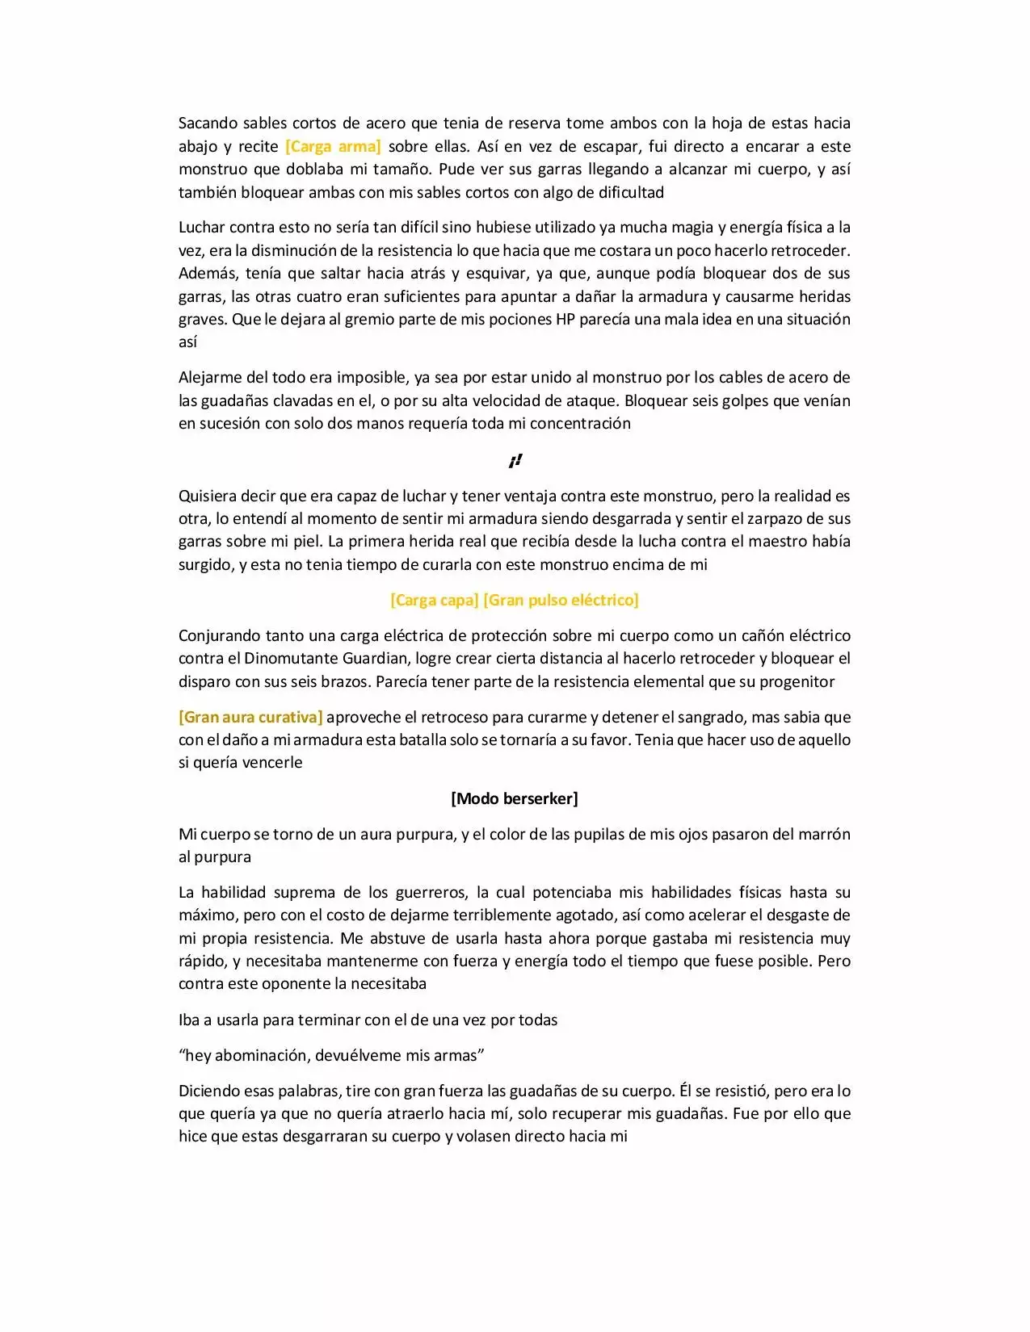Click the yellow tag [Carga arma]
coord(333,146)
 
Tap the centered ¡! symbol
coord(515,461)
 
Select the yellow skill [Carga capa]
coord(434,600)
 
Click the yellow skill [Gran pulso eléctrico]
coord(561,600)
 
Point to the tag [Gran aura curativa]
coord(250,717)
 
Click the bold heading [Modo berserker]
coord(515,798)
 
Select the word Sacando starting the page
coord(208,124)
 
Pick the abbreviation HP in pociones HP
coord(565,319)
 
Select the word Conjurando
coord(219,636)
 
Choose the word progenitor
coord(797,681)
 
